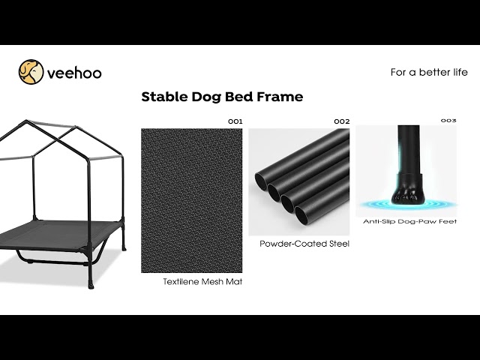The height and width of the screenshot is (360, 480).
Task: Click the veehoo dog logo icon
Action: pyautogui.click(x=31, y=72)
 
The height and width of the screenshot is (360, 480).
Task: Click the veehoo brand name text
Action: pyautogui.click(x=74, y=73)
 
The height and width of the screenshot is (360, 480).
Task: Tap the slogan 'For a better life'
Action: pyautogui.click(x=429, y=72)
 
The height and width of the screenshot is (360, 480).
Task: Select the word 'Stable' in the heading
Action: pyautogui.click(x=164, y=97)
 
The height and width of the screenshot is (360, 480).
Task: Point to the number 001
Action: pyautogui.click(x=235, y=121)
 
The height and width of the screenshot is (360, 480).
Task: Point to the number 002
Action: pyautogui.click(x=342, y=121)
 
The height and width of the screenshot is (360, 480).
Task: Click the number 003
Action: pyautogui.click(x=448, y=120)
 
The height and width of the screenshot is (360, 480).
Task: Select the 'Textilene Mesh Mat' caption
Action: pyautogui.click(x=202, y=282)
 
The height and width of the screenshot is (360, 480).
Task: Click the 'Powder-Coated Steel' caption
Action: pyautogui.click(x=304, y=244)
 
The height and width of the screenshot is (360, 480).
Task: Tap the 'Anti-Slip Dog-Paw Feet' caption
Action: pyautogui.click(x=409, y=221)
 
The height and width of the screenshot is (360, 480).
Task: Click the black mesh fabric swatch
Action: pyautogui.click(x=192, y=200)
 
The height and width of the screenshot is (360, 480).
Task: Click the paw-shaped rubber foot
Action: pyautogui.click(x=406, y=191)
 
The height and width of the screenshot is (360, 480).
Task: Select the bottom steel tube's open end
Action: pyautogui.click(x=301, y=215)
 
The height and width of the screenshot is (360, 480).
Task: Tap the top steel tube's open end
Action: pyautogui.click(x=262, y=181)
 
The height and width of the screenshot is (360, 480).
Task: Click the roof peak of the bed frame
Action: pyautogui.click(x=27, y=121)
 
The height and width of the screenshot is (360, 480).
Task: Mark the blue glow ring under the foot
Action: pyautogui.click(x=407, y=204)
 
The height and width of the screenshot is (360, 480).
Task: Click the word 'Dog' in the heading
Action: pyautogui.click(x=206, y=97)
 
